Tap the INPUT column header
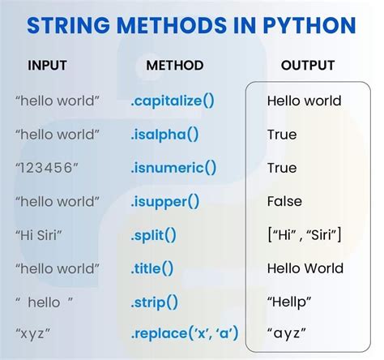pyautogui.click(x=47, y=65)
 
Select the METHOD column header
pyautogui.click(x=173, y=65)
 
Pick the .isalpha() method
pyautogui.click(x=165, y=135)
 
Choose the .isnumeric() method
pyautogui.click(x=173, y=168)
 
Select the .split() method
pyautogui.click(x=153, y=234)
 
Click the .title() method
pyautogui.click(x=151, y=268)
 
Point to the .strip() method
pyautogui.click(x=154, y=301)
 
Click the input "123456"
pyautogui.click(x=48, y=168)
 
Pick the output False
pyautogui.click(x=284, y=201)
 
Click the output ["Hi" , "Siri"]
pyautogui.click(x=304, y=234)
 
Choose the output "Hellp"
pyautogui.click(x=289, y=301)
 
